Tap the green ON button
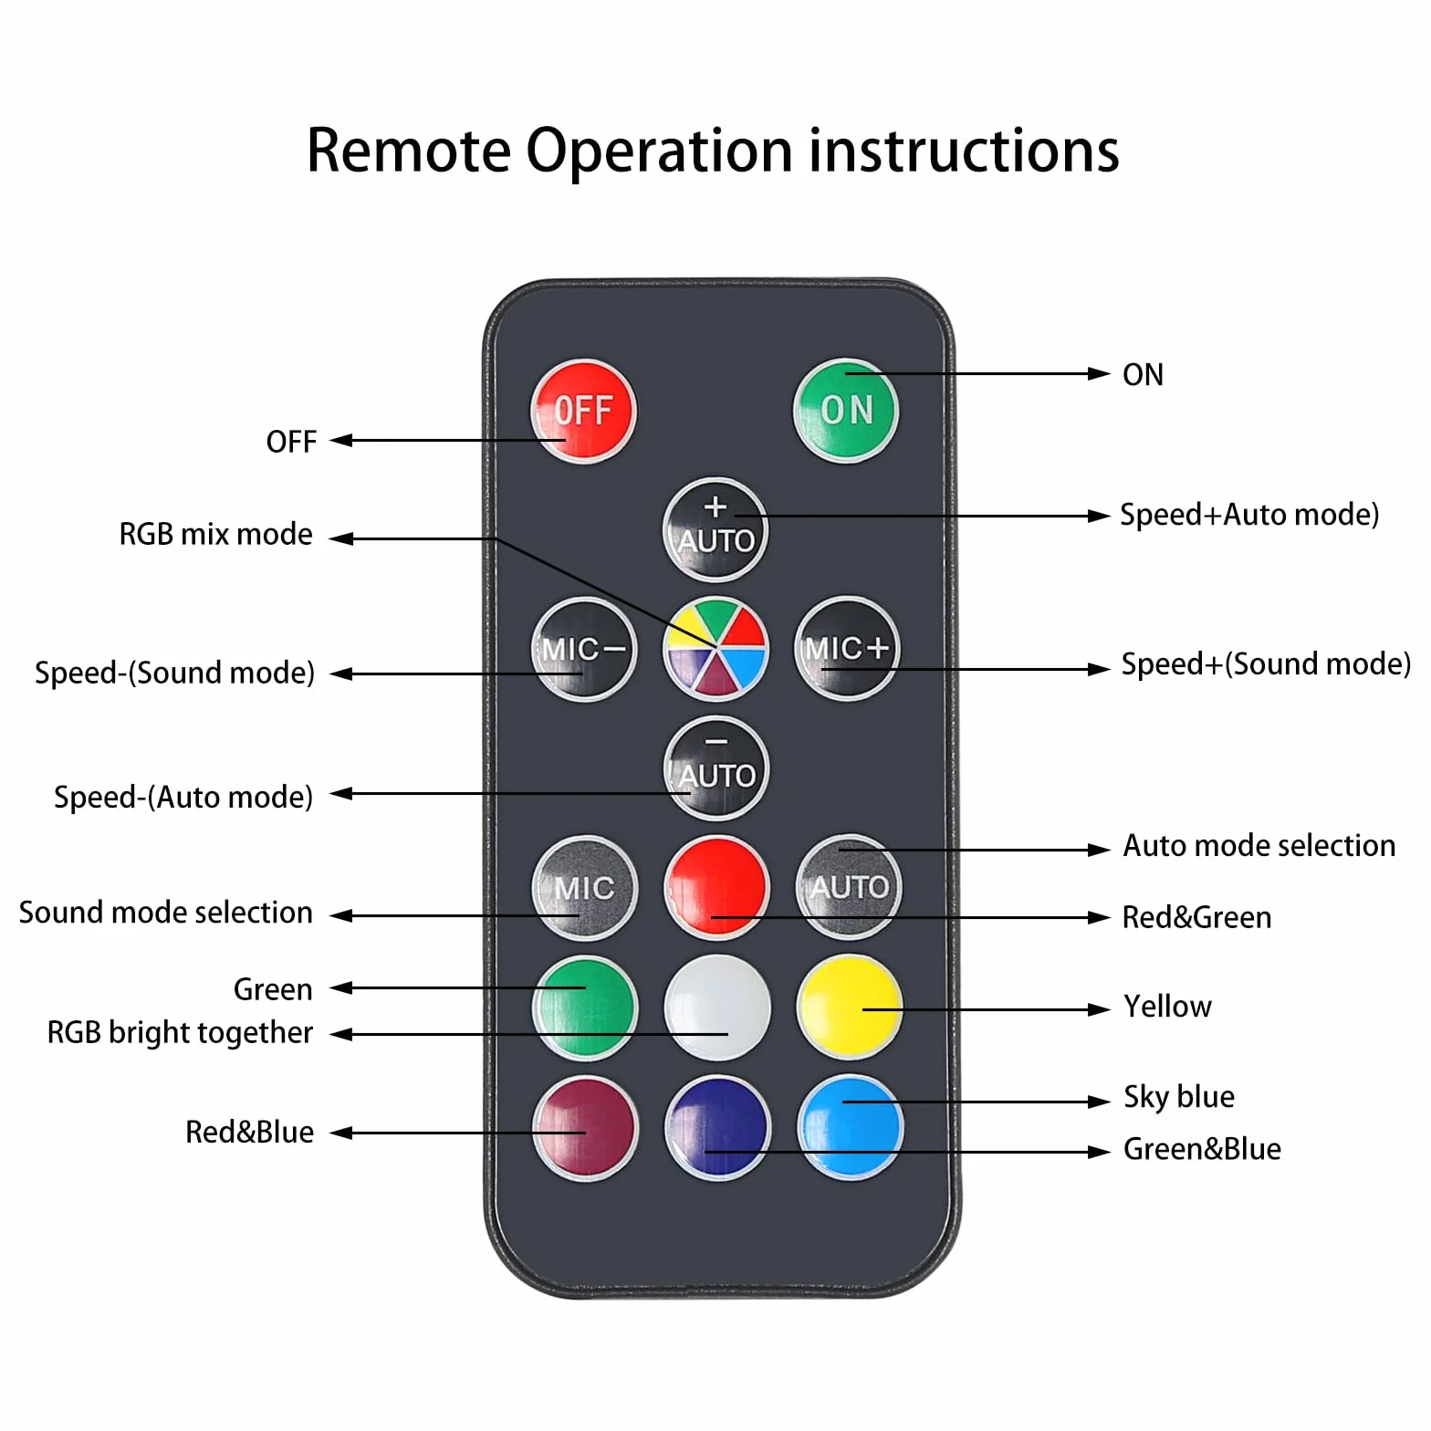tap(846, 411)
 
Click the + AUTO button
tap(715, 530)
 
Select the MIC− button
tap(584, 649)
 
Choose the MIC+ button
tap(847, 649)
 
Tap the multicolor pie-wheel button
tap(715, 649)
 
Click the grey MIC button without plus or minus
tap(584, 887)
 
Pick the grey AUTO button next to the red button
tap(849, 887)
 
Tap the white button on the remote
tap(717, 1008)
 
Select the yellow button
tap(850, 1008)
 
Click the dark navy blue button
tap(717, 1128)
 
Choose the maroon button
tap(585, 1128)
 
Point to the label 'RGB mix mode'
tap(216, 534)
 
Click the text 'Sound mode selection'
tap(166, 913)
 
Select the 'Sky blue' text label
tap(1179, 1097)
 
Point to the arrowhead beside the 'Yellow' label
tap(1100, 1009)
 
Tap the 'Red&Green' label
tap(1196, 917)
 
